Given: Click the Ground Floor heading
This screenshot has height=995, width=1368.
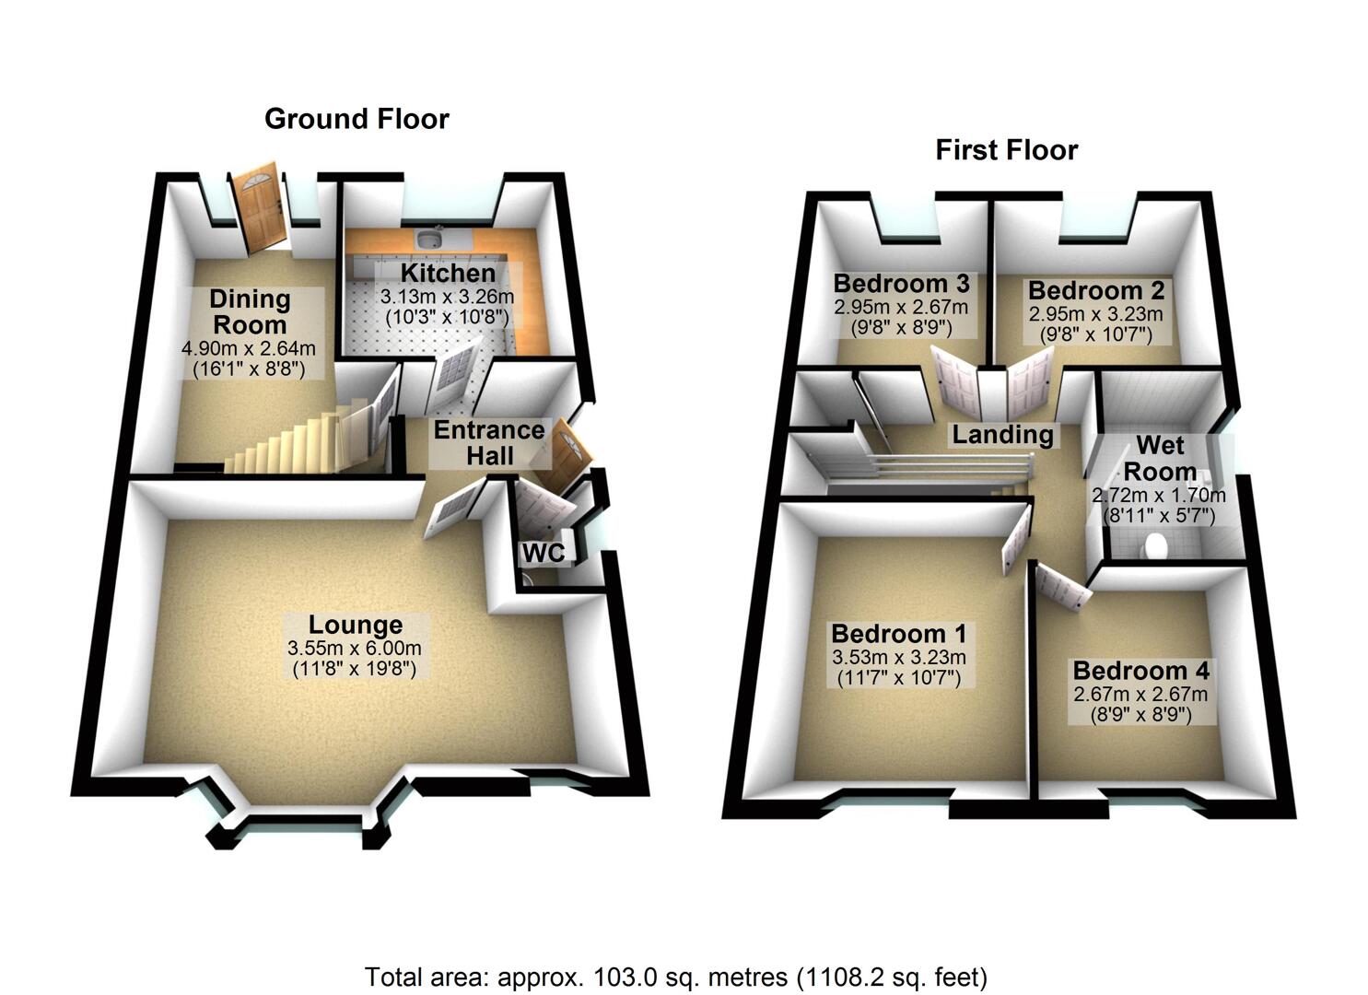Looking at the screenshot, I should tap(357, 119).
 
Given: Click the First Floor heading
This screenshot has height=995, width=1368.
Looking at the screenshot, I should tap(1006, 150).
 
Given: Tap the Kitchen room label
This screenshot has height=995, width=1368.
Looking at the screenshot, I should tap(448, 274).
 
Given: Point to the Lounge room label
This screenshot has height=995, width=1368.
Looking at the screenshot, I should tap(355, 626).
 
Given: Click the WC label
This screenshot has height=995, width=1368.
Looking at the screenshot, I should tap(544, 553).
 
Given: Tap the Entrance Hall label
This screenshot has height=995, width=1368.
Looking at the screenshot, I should tap(488, 442).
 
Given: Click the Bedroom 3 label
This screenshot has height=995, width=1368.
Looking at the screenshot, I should tap(901, 283).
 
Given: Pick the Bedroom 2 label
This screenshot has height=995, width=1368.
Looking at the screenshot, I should tap(1096, 290).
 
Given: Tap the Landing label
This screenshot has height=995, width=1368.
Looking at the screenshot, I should tap(1002, 434).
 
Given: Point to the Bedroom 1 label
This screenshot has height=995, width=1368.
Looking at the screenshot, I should tap(898, 634).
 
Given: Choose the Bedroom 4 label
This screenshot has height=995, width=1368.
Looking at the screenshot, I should tap(1140, 671).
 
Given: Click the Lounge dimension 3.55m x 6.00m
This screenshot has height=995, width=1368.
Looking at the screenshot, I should tap(355, 649).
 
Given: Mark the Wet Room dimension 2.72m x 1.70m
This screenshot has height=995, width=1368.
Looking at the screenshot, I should tap(1159, 495).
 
